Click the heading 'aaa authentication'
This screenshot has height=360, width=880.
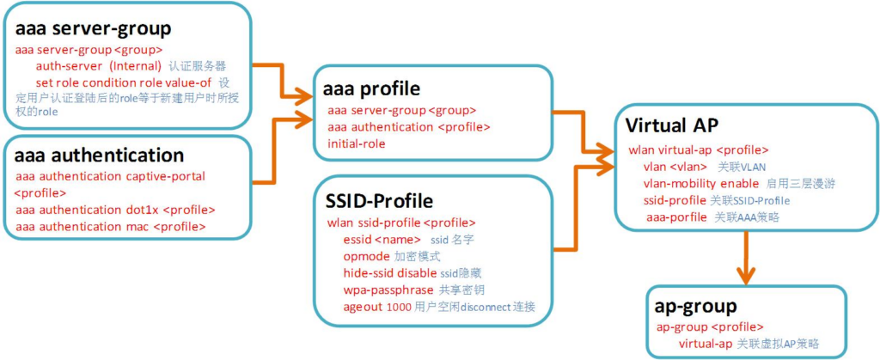[x=100, y=156]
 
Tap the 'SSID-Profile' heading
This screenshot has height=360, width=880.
[x=379, y=201]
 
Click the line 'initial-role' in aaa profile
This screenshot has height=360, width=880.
[x=356, y=143]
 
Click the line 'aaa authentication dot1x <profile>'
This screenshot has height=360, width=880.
[x=115, y=210]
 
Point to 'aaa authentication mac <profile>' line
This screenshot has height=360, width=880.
[x=111, y=226]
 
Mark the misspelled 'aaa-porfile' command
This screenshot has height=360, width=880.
[x=676, y=217]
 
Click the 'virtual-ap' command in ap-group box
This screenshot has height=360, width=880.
[x=706, y=344]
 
